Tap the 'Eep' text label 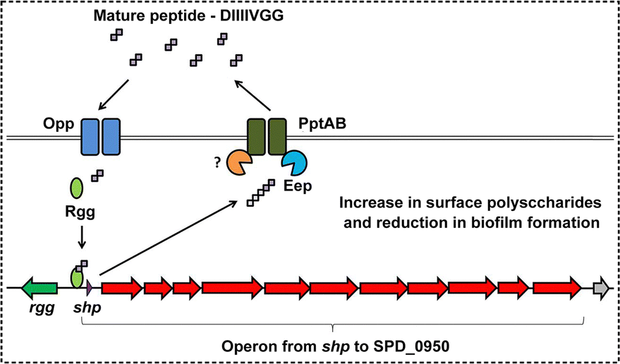[x=298, y=186]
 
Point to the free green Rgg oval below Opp [x=76, y=187]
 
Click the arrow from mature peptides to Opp [x=114, y=94]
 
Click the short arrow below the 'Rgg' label [x=81, y=238]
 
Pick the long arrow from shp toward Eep [x=169, y=238]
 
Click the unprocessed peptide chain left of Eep [x=260, y=193]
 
